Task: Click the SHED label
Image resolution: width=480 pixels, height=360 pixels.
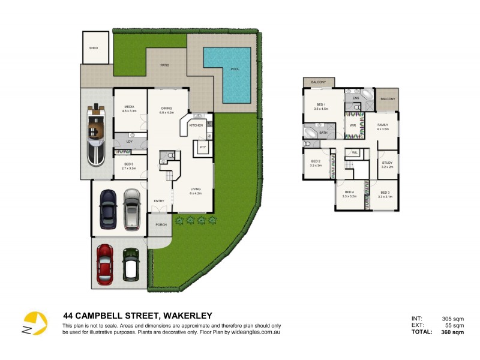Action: [93, 47]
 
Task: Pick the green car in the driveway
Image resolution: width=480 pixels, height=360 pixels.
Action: [131, 265]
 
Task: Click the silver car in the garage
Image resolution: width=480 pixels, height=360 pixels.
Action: [131, 209]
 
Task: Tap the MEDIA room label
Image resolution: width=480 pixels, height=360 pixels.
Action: [130, 109]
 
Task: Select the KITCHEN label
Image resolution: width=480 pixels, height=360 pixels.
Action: [196, 125]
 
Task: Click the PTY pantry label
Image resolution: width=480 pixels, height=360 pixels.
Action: [203, 147]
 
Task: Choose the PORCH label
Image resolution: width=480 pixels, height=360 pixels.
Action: [160, 225]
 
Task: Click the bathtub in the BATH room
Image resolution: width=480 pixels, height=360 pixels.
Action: [311, 132]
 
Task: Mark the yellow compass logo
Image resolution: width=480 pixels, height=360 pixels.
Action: [35, 324]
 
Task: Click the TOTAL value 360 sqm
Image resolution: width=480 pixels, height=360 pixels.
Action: [454, 332]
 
